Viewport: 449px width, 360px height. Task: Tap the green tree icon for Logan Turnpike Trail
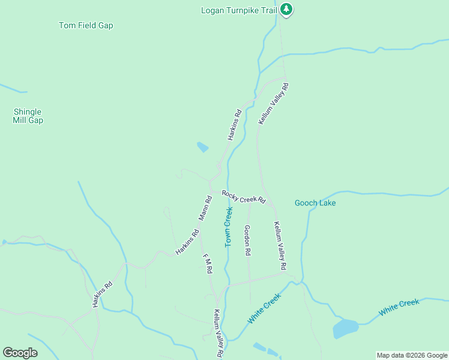pos(287,9)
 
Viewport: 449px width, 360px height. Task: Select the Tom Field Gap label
pos(86,25)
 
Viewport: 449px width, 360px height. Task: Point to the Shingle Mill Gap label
pos(28,116)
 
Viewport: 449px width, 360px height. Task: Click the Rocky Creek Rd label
pos(243,196)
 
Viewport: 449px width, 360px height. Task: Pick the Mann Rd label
pos(205,208)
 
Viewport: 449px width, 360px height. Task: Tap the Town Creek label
pos(228,227)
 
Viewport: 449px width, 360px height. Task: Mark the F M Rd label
pos(208,264)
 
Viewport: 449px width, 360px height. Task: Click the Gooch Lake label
pos(315,203)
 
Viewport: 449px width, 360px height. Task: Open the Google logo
pos(20,353)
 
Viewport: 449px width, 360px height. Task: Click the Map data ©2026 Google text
pos(411,355)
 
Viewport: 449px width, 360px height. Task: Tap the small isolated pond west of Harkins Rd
pos(202,146)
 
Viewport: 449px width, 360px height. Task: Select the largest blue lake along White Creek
pos(345,328)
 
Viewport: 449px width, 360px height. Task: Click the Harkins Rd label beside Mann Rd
pos(187,243)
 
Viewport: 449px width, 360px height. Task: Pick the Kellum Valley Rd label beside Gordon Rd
pos(280,245)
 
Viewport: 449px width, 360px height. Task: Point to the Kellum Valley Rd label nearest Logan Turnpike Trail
pos(274,104)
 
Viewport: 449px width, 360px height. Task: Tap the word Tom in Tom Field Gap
pos(65,25)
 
